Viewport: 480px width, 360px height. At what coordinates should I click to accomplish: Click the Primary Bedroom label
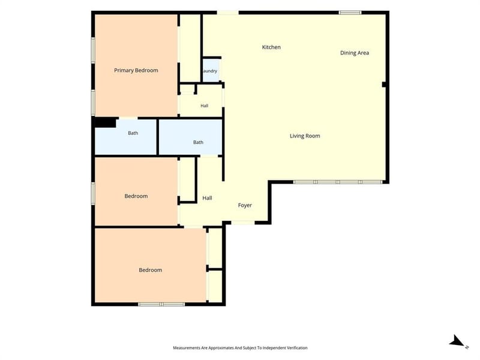tap(136, 70)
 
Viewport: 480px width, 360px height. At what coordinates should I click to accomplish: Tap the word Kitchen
tap(271, 47)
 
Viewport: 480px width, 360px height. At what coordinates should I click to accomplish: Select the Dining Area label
tap(355, 53)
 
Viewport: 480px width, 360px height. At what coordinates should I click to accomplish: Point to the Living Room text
tap(305, 136)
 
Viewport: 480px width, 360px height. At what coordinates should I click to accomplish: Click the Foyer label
tap(245, 205)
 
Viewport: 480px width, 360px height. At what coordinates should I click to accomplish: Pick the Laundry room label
tap(210, 71)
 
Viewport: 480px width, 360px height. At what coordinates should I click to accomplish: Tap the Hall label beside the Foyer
tap(207, 198)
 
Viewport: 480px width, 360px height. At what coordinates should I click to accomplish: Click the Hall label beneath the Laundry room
tap(205, 106)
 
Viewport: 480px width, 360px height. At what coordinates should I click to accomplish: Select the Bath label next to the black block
tap(133, 133)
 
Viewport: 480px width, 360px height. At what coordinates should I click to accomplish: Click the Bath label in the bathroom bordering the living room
tap(198, 142)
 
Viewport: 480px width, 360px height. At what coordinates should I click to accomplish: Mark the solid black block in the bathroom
tap(106, 122)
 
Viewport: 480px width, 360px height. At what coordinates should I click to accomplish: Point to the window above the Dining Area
tap(350, 13)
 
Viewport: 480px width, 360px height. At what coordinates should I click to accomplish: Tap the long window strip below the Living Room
tap(338, 182)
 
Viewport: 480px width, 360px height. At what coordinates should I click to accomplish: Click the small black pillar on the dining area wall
tap(384, 84)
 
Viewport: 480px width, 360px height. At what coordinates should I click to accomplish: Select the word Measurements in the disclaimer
tap(187, 348)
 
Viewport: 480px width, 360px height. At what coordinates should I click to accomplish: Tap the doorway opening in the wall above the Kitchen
tap(228, 13)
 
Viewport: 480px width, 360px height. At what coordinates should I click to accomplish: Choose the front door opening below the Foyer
tap(243, 223)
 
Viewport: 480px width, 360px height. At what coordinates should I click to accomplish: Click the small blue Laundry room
tap(211, 70)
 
